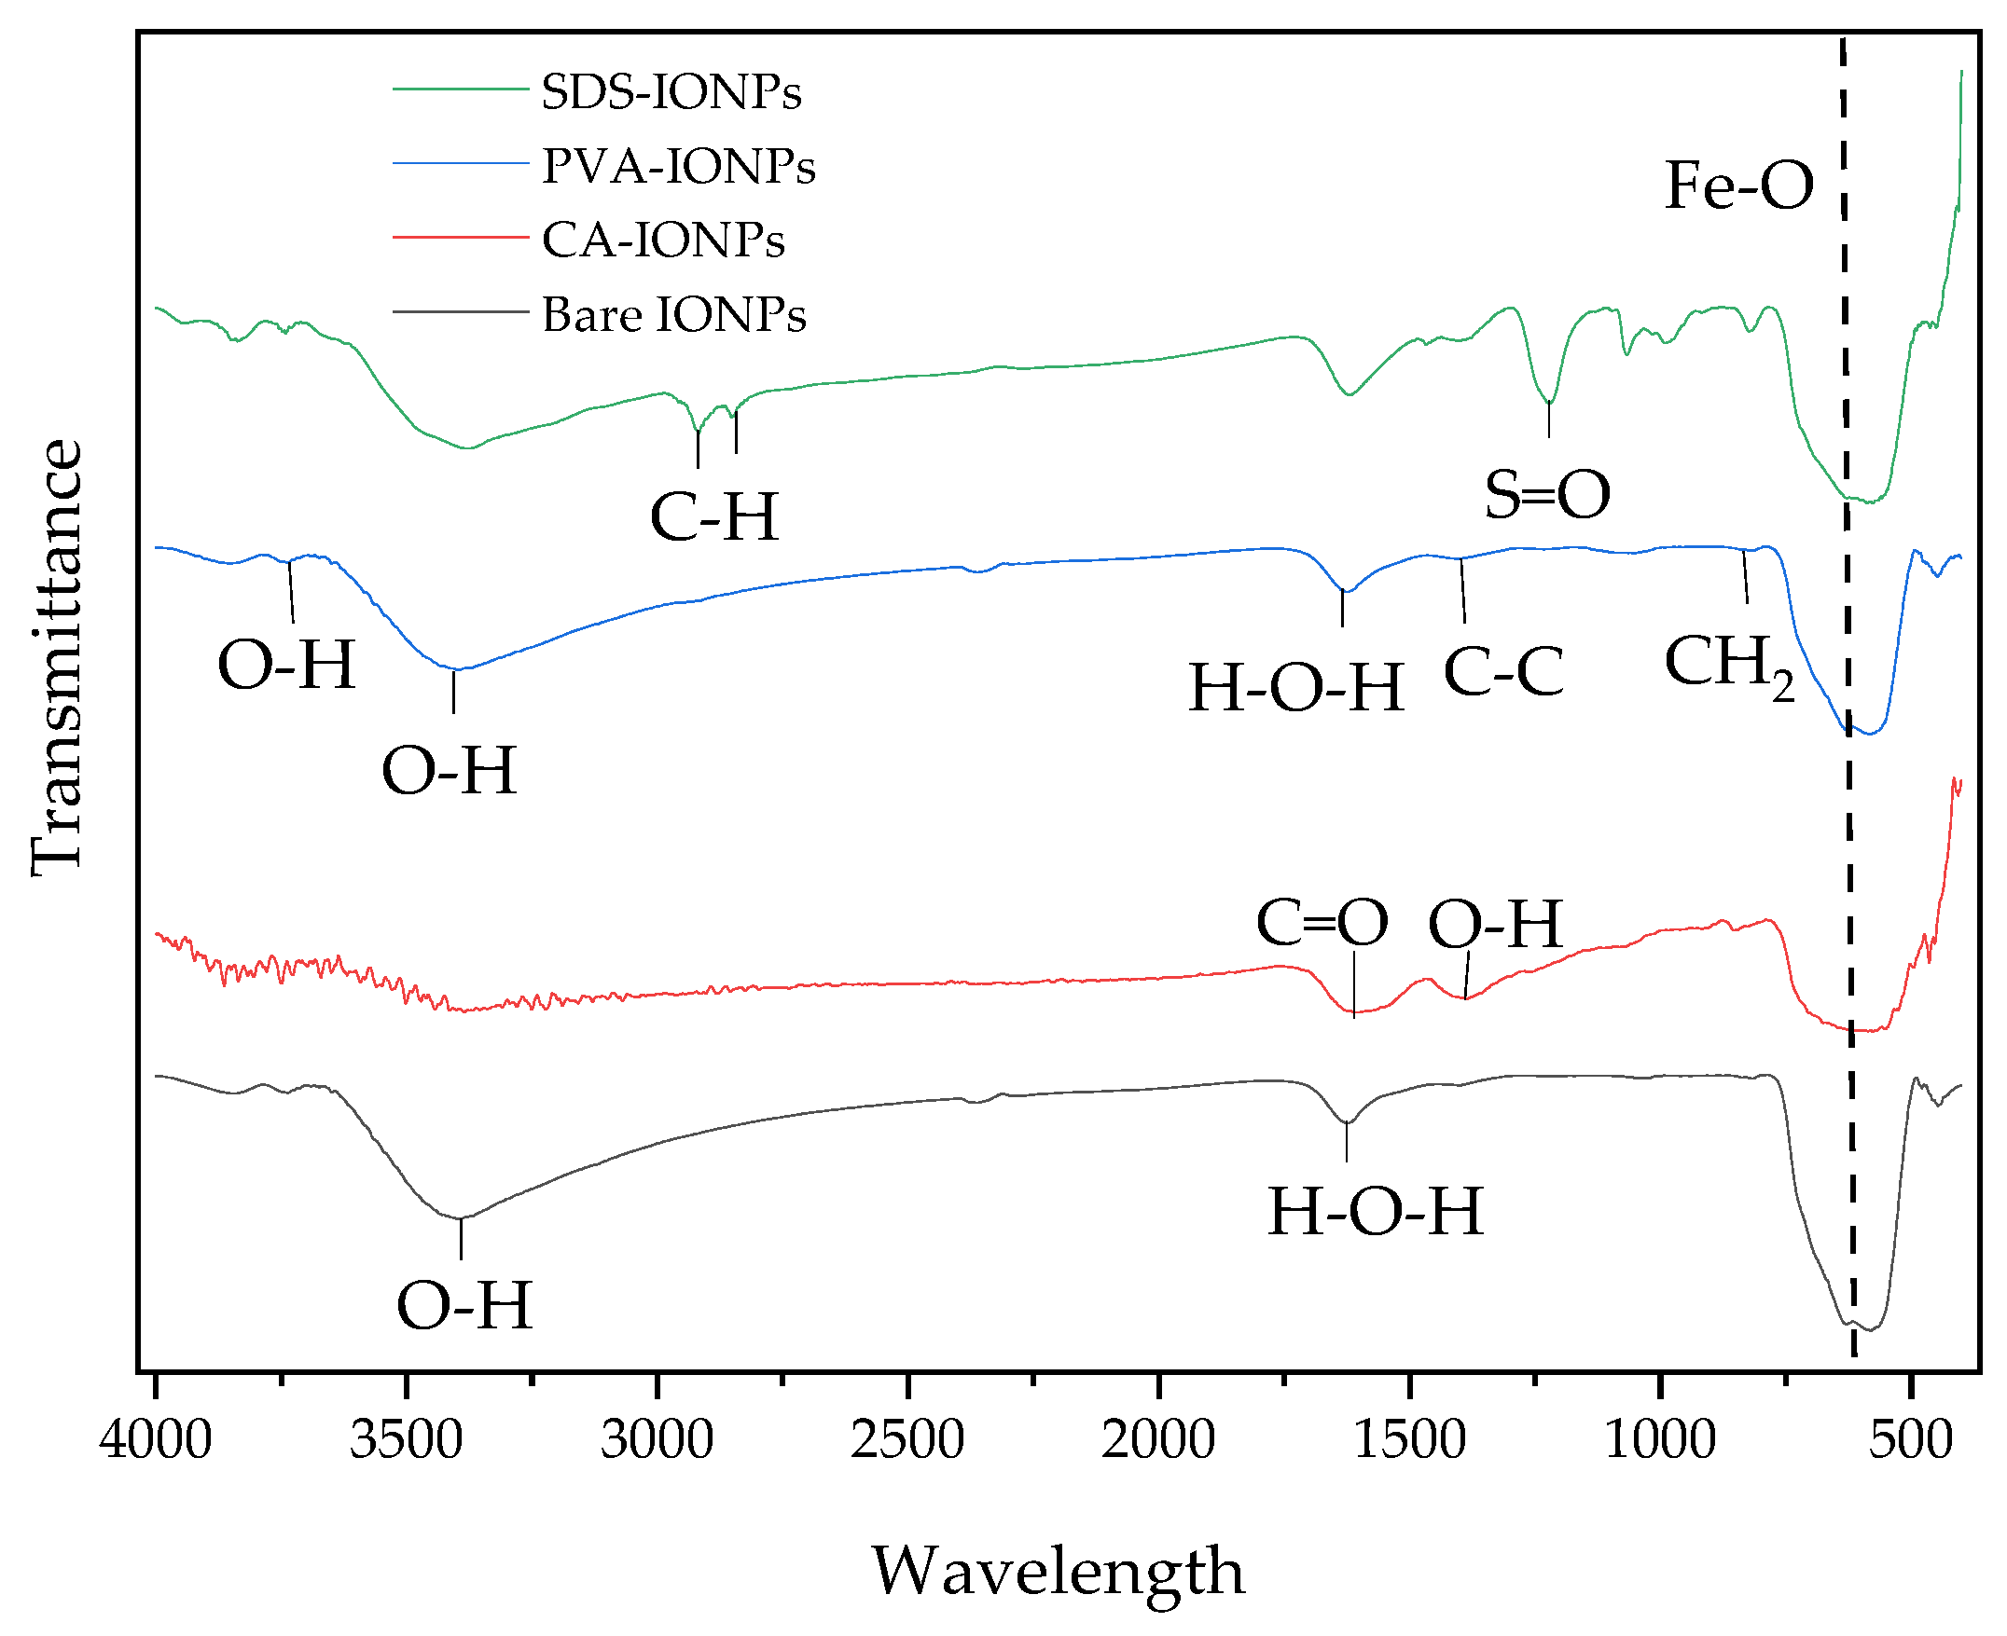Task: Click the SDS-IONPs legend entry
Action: pos(671,92)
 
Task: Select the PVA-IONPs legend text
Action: pos(678,167)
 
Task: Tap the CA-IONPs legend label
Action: pos(663,241)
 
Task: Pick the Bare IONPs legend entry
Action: pos(673,315)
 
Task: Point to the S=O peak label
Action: pos(1546,495)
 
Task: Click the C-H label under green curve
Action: pos(713,517)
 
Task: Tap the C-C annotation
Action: pos(1502,673)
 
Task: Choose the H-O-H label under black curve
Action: pos(1375,1212)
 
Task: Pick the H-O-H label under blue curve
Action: pos(1295,688)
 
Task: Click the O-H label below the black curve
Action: pos(464,1307)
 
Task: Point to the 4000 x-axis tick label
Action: pos(156,1441)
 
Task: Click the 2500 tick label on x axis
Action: pos(907,1441)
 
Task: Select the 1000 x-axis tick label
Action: pos(1659,1441)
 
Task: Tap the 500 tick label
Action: pos(1910,1441)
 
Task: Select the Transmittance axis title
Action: pos(57,658)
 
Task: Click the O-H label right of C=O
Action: pos(1495,925)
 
